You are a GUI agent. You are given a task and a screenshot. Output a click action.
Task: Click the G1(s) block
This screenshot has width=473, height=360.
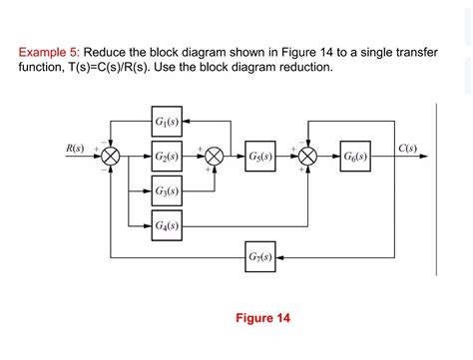pyautogui.click(x=167, y=123)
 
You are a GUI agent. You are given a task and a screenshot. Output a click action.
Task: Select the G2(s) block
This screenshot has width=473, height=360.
pyautogui.click(x=167, y=157)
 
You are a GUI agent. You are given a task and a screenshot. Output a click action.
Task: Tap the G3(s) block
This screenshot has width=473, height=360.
pyautogui.click(x=167, y=190)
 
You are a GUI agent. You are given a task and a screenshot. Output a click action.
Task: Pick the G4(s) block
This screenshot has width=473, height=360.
pyautogui.click(x=167, y=224)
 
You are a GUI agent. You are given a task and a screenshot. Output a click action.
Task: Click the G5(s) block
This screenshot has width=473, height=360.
pyautogui.click(x=259, y=157)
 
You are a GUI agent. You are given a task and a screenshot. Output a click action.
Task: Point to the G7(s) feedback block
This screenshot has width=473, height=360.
pyautogui.click(x=259, y=258)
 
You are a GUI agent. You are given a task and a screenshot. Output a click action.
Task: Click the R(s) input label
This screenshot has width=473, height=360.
pyautogui.click(x=75, y=149)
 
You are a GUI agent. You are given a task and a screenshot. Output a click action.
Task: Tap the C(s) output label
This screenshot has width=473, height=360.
pyautogui.click(x=406, y=149)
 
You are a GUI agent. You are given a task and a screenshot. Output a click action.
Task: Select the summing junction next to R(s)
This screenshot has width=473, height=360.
pyautogui.click(x=112, y=157)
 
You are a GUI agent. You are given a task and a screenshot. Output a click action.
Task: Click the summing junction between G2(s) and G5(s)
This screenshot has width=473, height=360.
pyautogui.click(x=214, y=157)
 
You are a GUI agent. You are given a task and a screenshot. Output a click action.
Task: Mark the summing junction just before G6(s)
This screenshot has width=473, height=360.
pyautogui.click(x=308, y=157)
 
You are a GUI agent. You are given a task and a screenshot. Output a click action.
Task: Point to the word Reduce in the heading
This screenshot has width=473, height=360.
pyautogui.click(x=109, y=52)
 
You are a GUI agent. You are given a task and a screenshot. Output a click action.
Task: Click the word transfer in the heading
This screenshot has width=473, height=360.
pyautogui.click(x=410, y=52)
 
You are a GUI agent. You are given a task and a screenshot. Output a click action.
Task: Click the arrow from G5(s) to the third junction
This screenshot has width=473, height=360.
pyautogui.click(x=287, y=157)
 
